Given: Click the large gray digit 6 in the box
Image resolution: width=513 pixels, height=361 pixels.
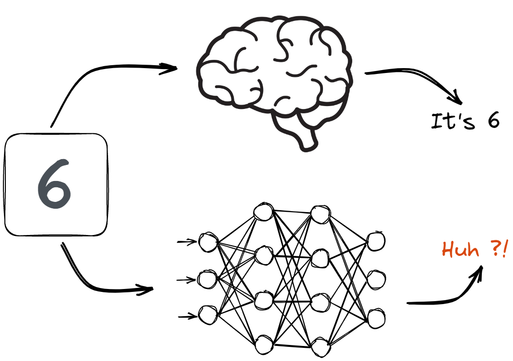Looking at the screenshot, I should click(x=55, y=184).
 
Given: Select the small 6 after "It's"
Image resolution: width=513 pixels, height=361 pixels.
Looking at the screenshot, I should click(x=493, y=121).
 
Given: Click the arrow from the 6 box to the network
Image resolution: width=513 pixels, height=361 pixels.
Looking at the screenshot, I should click(x=97, y=282).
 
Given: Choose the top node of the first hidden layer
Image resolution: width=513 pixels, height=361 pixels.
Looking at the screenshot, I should click(x=264, y=212).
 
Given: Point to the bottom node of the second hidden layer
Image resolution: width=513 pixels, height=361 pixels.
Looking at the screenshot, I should click(x=320, y=346).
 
